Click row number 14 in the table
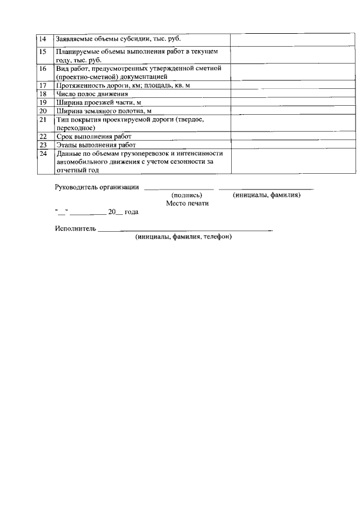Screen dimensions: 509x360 [42, 39]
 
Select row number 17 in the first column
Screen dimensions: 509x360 [42, 85]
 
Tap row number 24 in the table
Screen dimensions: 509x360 [42, 153]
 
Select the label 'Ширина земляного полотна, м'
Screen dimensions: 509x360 [103, 111]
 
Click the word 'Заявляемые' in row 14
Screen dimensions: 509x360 [76, 39]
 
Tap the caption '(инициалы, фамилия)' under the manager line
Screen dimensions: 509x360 [267, 195]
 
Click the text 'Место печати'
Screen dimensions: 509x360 [187, 204]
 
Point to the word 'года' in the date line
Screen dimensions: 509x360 [131, 212]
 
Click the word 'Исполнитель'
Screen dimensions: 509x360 [75, 228]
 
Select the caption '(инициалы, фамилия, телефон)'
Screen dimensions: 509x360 [183, 237]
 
